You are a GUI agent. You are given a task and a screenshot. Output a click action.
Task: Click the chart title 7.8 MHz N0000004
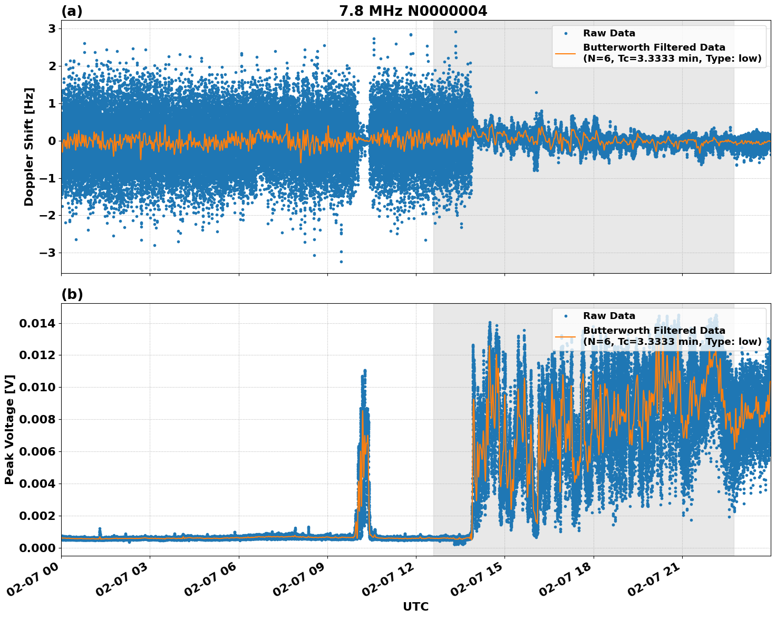click(413, 11)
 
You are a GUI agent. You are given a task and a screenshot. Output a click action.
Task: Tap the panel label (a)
click(72, 11)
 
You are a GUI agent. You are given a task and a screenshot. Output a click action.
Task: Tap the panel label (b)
click(72, 294)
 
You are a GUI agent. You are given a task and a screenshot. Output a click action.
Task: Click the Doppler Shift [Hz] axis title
click(29, 147)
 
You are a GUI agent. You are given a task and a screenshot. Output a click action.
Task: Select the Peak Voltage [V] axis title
click(9, 429)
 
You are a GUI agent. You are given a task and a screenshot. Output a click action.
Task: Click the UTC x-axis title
click(415, 606)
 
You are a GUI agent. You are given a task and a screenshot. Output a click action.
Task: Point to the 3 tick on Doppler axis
click(52, 28)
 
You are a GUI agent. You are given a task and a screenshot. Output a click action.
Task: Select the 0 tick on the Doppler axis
click(52, 141)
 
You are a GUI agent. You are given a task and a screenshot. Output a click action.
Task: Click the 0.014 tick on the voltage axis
click(38, 323)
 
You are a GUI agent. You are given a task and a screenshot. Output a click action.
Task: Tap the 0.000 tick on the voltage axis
click(38, 548)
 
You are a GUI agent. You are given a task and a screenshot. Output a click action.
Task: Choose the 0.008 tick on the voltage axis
click(38, 419)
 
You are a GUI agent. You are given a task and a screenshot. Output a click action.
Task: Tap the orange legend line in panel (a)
click(566, 53)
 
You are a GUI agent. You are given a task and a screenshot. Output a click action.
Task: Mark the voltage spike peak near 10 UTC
click(364, 371)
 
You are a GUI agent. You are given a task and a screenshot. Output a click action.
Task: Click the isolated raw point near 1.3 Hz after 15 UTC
click(536, 92)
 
